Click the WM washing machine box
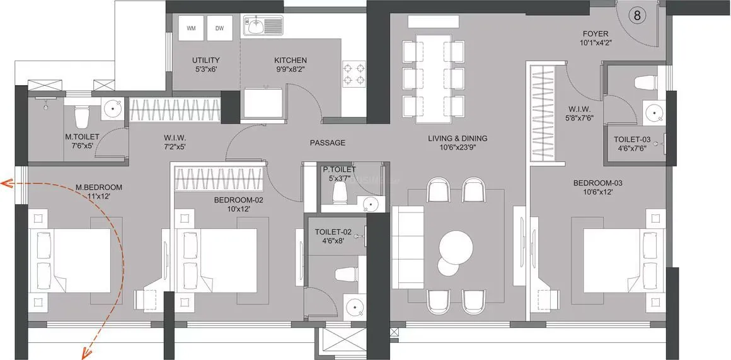191,28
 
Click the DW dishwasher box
219,28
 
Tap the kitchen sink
256,27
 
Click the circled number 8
637,16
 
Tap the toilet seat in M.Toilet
81,116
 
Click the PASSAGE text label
327,143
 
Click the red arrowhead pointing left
6,184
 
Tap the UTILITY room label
205,60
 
